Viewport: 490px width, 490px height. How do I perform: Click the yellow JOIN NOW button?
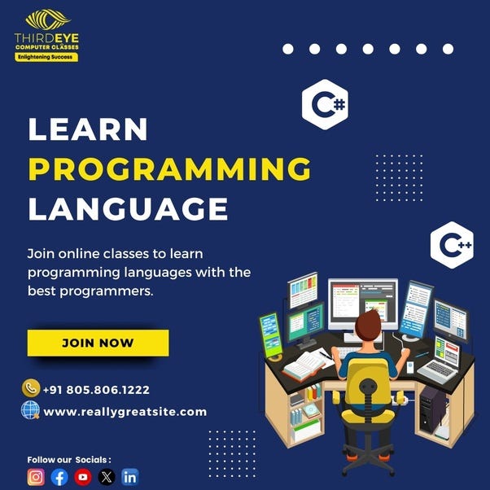98,343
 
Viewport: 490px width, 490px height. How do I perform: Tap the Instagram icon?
36,478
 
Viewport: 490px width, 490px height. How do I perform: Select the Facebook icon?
59,478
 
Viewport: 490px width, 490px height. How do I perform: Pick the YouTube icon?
83,478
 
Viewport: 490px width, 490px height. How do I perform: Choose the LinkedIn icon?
130,478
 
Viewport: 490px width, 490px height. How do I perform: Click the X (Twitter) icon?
107,478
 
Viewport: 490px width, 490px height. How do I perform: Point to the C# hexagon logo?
325,105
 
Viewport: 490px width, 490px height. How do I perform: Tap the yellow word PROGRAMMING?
169,169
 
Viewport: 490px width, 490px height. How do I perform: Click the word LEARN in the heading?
88,129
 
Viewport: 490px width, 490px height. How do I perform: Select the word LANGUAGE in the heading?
128,208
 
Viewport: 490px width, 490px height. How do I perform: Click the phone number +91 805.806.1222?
97,390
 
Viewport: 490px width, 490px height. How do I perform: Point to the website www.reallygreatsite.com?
125,412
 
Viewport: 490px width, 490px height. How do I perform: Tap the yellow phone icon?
31,388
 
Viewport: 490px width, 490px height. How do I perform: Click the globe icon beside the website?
30,410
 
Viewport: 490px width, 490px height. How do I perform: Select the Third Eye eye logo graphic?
47,20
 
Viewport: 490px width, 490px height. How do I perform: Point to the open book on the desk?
307,365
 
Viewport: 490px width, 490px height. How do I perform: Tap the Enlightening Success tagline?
46,58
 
